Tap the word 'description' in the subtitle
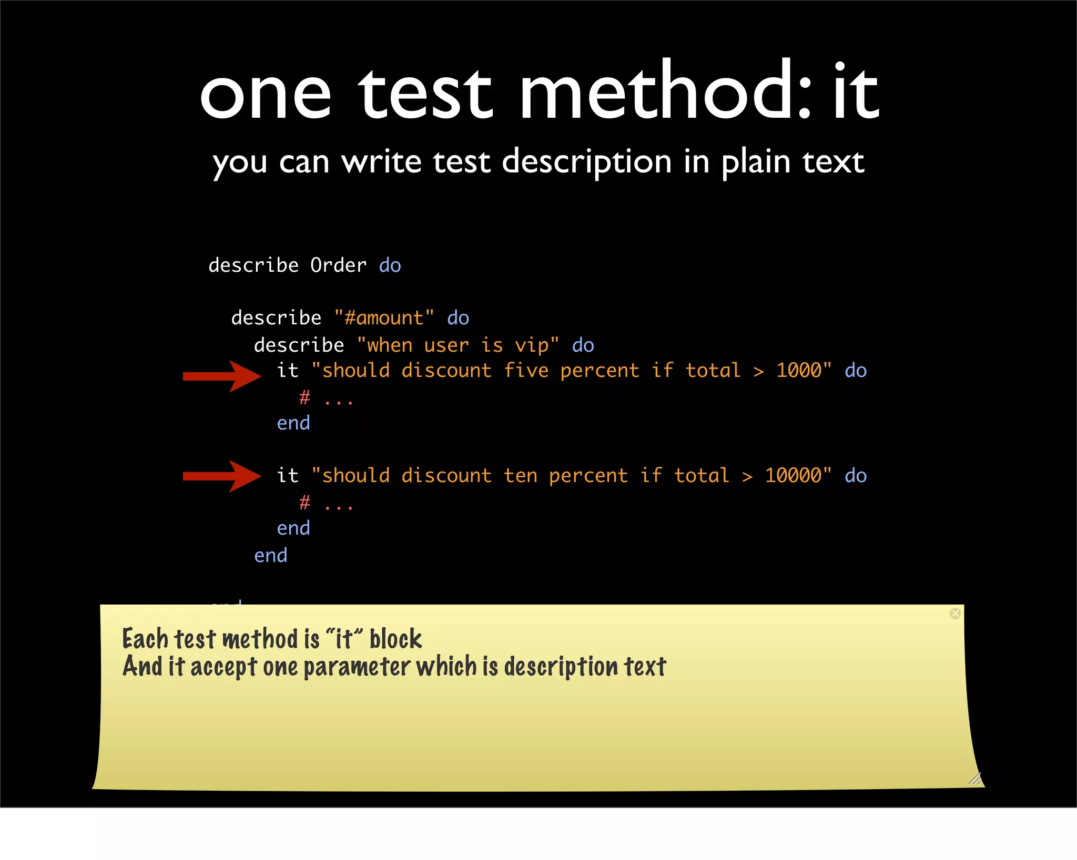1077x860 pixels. (586, 162)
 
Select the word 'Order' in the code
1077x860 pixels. (338, 265)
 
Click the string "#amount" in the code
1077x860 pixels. (384, 318)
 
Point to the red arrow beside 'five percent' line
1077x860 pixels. (221, 376)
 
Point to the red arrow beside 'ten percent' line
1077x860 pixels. (221, 476)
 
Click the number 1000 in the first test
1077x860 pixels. (798, 371)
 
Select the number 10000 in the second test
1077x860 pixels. (792, 476)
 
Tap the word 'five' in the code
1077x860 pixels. (526, 371)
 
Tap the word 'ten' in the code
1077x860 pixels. (520, 476)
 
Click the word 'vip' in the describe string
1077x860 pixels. (532, 345)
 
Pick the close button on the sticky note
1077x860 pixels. (955, 613)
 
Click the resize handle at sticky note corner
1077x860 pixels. (974, 779)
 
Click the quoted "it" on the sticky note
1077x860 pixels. (344, 639)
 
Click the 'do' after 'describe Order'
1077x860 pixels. (390, 265)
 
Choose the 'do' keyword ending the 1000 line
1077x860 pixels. (856, 371)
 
